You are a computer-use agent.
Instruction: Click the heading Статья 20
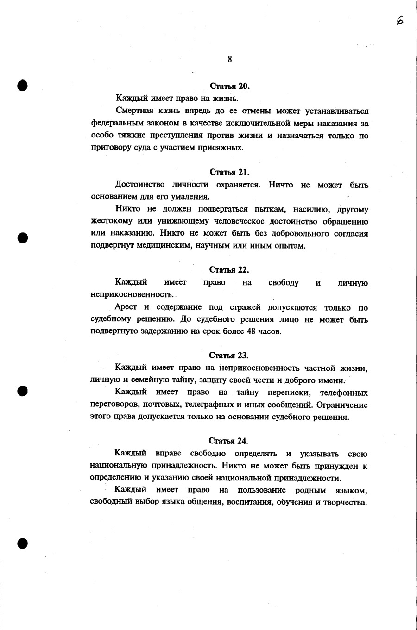tap(230, 86)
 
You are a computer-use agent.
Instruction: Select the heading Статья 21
tap(229, 172)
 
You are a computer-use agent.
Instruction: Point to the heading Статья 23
tap(229, 356)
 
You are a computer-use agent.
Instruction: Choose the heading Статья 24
tap(229, 441)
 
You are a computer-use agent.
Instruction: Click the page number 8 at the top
tap(230, 59)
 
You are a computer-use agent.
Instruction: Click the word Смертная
tap(134, 111)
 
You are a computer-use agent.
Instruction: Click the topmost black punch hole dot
tap(22, 85)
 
